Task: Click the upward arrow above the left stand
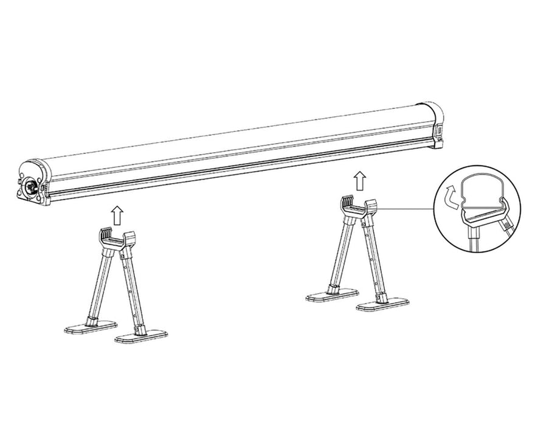[117, 214]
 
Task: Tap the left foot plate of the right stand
[332, 296]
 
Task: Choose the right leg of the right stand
[373, 258]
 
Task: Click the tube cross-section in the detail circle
[480, 191]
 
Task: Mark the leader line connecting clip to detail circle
[407, 210]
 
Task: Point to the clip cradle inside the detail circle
[483, 216]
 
